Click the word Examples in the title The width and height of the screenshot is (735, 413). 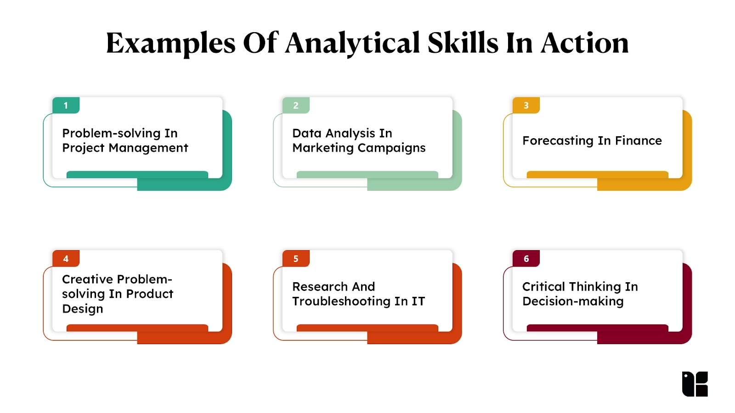click(170, 44)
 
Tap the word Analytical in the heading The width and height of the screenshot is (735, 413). click(352, 44)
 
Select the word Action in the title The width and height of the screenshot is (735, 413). click(585, 43)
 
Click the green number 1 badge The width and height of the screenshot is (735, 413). click(66, 105)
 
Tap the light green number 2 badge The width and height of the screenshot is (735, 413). click(296, 105)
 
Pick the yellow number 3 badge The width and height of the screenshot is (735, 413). click(526, 105)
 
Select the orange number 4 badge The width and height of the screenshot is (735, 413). click(66, 259)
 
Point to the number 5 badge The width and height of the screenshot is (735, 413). click(296, 259)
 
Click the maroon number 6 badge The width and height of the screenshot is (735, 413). click(526, 259)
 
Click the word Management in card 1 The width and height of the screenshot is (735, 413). click(148, 148)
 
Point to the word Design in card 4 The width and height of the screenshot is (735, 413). click(82, 309)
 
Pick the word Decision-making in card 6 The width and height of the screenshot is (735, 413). click(573, 301)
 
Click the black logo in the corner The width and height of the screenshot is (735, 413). click(695, 384)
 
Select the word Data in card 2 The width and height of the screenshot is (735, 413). click(306, 134)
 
